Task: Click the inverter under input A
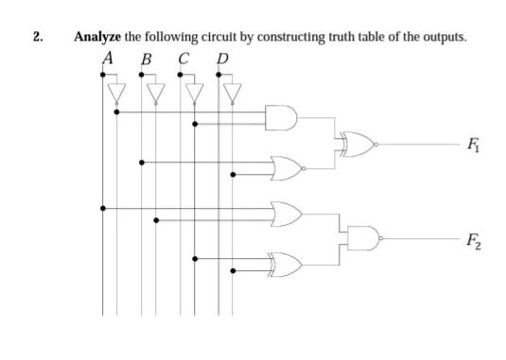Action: tap(116, 92)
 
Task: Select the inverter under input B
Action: tap(155, 92)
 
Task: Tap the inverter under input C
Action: tap(194, 92)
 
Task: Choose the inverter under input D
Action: tap(233, 92)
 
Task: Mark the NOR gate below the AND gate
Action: tap(287, 168)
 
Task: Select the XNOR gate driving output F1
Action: tap(358, 144)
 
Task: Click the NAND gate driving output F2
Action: tap(362, 238)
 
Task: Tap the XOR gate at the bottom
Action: tap(285, 262)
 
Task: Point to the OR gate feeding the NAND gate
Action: tap(285, 213)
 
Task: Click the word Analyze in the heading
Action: tap(97, 37)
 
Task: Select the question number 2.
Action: tap(37, 37)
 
